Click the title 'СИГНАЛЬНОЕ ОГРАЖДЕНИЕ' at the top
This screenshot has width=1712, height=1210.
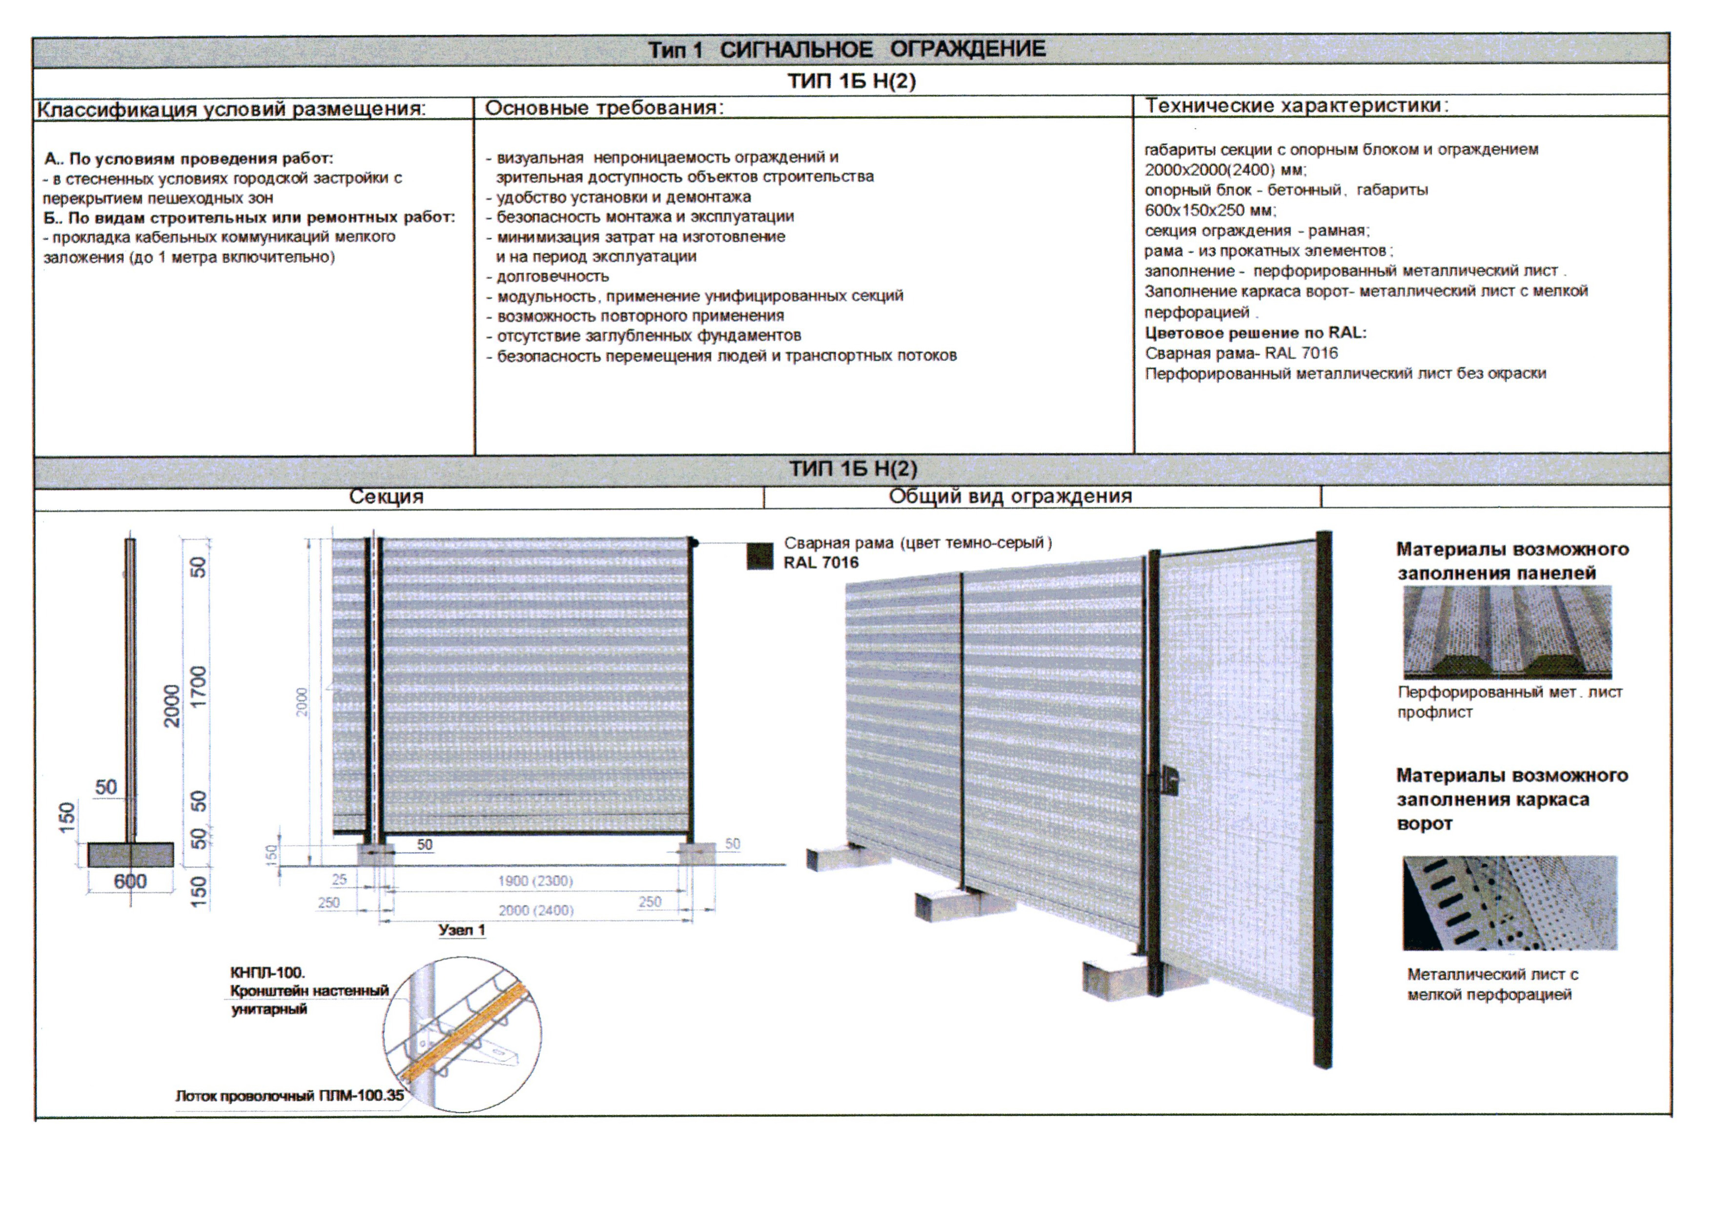881,49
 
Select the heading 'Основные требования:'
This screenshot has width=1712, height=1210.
604,108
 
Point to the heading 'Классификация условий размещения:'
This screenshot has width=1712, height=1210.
232,110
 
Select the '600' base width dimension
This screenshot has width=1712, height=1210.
130,881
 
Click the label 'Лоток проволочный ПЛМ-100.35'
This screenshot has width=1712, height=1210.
289,1095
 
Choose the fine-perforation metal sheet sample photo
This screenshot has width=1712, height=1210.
1510,903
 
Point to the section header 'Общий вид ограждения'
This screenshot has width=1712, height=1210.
1010,496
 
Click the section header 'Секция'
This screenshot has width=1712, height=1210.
386,496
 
